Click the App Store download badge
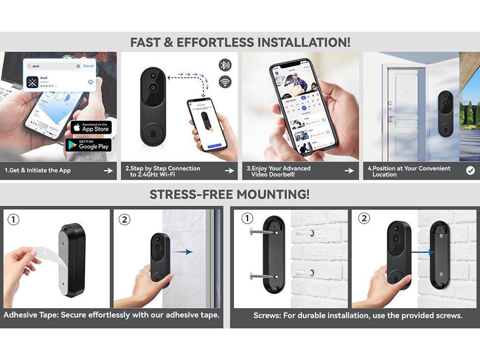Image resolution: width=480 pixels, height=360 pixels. click(91, 127)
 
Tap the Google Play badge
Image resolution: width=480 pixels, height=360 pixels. click(89, 144)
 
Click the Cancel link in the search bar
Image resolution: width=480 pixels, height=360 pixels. click(88, 66)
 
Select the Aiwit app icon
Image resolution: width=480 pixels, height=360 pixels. click(33, 82)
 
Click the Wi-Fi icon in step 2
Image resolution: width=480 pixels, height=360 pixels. click(225, 82)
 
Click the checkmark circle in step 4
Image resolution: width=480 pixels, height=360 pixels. click(470, 171)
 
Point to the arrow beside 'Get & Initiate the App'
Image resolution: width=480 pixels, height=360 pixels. click(108, 171)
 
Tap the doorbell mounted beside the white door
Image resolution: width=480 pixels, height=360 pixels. click(445, 113)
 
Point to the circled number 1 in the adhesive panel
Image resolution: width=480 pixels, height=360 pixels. click(13, 219)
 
